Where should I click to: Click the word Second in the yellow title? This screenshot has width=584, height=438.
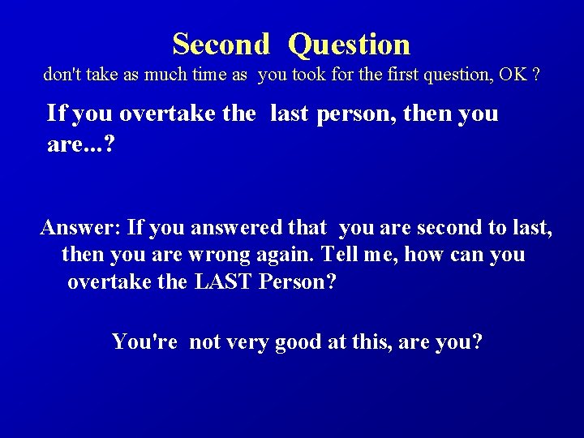tap(221, 43)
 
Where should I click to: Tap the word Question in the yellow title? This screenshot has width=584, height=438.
tap(350, 44)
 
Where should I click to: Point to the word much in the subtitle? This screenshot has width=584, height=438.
tap(165, 75)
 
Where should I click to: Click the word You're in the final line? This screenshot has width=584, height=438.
tap(145, 341)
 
